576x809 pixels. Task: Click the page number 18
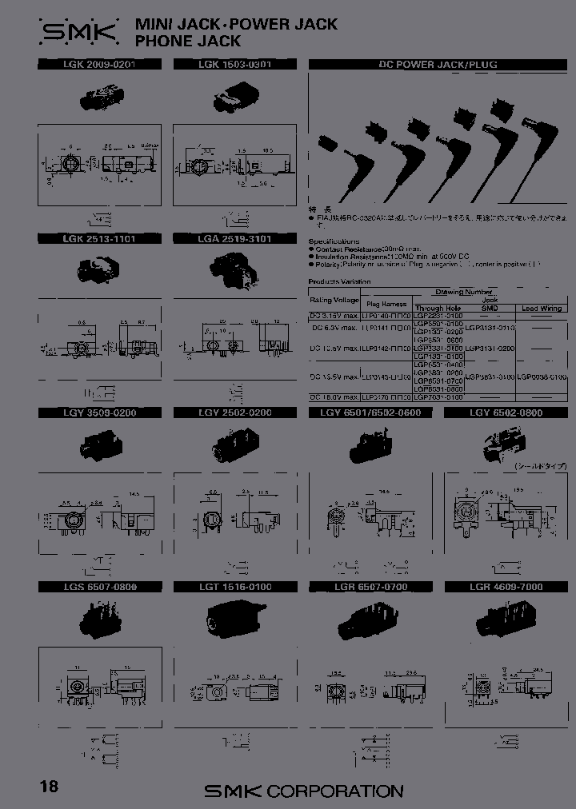[x=49, y=787]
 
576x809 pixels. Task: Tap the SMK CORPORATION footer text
[x=304, y=791]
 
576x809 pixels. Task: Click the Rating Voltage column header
[x=334, y=299]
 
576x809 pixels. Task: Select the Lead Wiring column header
[x=542, y=308]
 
